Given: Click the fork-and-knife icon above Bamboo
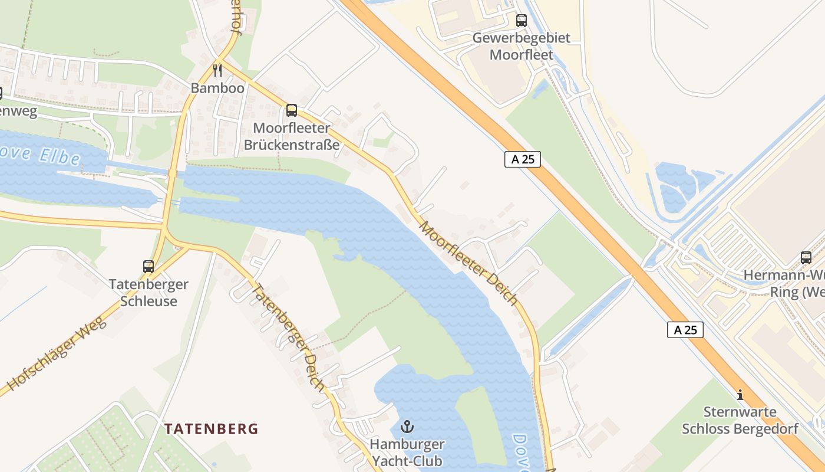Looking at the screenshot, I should (217, 71).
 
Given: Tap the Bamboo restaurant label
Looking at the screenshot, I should (217, 88).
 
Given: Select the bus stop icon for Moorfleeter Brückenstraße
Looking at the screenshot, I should (291, 110).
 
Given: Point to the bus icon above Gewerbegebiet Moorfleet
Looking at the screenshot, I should (522, 21).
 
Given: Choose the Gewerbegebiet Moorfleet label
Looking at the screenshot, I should (522, 47).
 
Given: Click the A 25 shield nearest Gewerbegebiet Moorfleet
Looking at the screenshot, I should (523, 159).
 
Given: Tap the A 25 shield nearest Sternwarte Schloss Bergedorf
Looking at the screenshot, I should (685, 330).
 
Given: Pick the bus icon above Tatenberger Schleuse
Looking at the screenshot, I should (148, 267).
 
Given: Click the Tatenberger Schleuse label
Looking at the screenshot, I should (148, 293).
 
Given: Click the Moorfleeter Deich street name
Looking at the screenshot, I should (468, 263).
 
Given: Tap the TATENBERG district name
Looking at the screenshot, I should (211, 428).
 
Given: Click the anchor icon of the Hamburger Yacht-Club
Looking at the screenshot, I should (407, 426).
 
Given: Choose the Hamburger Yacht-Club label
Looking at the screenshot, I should (407, 451).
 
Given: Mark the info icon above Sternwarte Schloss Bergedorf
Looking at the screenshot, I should (740, 395).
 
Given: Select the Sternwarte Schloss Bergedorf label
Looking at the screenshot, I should (740, 420).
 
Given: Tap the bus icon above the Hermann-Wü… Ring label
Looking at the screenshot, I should (806, 258).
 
